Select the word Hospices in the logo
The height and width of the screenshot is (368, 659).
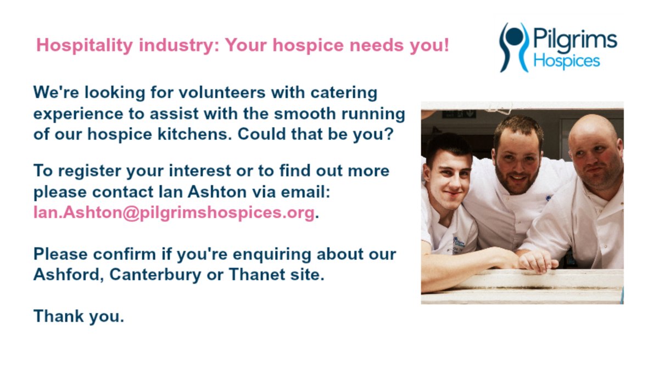(x=567, y=60)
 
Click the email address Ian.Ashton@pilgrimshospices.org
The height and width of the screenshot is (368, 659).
(x=174, y=213)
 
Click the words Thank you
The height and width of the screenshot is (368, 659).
(x=79, y=316)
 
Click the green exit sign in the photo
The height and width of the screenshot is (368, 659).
(x=460, y=115)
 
